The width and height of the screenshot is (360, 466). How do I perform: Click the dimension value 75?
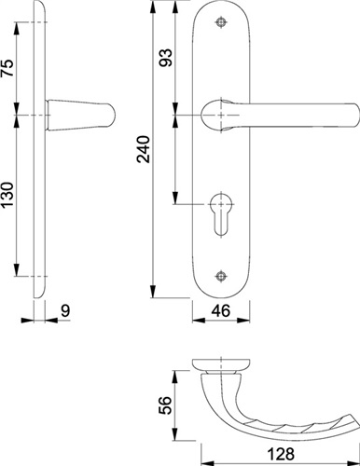click(8, 68)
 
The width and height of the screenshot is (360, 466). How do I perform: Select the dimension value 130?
click(8, 195)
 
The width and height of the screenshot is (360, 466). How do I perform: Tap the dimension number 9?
click(65, 310)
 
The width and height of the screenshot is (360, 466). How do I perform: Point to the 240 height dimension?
click(144, 149)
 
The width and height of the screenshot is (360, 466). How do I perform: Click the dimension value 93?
click(165, 58)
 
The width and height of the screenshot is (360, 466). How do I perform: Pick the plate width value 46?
click(221, 310)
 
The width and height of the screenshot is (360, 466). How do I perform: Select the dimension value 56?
click(165, 405)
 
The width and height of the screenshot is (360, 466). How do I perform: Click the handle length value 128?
click(281, 454)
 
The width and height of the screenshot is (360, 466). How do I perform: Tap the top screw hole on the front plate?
click(221, 22)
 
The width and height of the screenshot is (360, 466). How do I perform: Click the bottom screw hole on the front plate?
click(221, 276)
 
